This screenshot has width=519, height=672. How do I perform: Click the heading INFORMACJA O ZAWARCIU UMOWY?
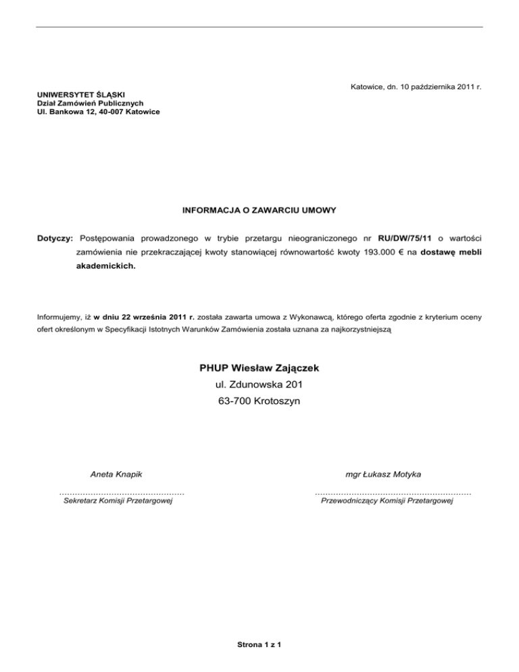point(259,210)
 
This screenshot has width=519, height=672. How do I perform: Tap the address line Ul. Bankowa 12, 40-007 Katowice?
point(99,111)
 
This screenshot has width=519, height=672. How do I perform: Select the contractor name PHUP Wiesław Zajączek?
point(259,368)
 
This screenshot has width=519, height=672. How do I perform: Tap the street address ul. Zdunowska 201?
point(259,385)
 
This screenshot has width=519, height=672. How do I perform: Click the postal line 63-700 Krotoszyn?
point(259,401)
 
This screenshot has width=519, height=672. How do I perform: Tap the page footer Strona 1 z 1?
point(259,644)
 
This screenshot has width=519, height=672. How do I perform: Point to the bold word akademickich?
point(105,266)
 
